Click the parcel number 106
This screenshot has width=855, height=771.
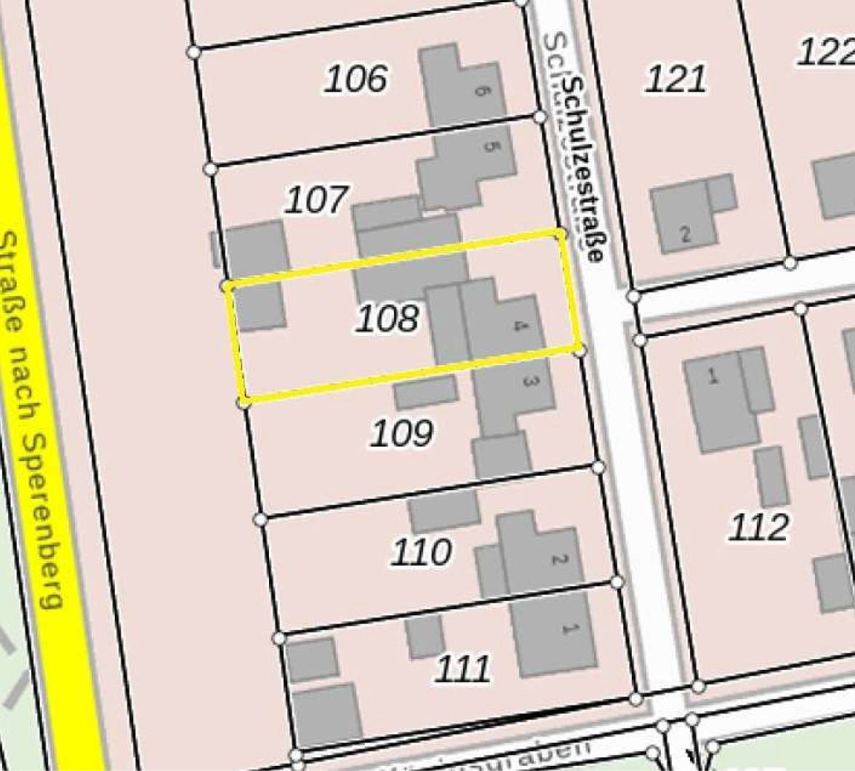pyautogui.click(x=355, y=79)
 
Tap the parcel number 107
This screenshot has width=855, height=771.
pyautogui.click(x=316, y=199)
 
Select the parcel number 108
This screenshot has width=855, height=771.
pyautogui.click(x=387, y=319)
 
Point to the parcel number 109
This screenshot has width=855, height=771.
pyautogui.click(x=401, y=434)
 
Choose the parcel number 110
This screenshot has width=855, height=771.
pyautogui.click(x=421, y=553)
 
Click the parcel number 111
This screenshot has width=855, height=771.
pyautogui.click(x=462, y=668)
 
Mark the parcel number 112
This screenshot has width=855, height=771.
pyautogui.click(x=758, y=527)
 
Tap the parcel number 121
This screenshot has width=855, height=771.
pyautogui.click(x=675, y=79)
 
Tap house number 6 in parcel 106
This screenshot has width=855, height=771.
pyautogui.click(x=479, y=90)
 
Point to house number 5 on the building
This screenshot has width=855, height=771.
pyautogui.click(x=490, y=146)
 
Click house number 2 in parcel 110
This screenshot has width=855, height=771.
pyautogui.click(x=558, y=560)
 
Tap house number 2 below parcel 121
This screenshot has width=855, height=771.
pyautogui.click(x=685, y=235)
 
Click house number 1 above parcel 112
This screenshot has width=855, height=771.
pyautogui.click(x=712, y=376)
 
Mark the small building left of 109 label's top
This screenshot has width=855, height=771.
pyautogui.click(x=425, y=392)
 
